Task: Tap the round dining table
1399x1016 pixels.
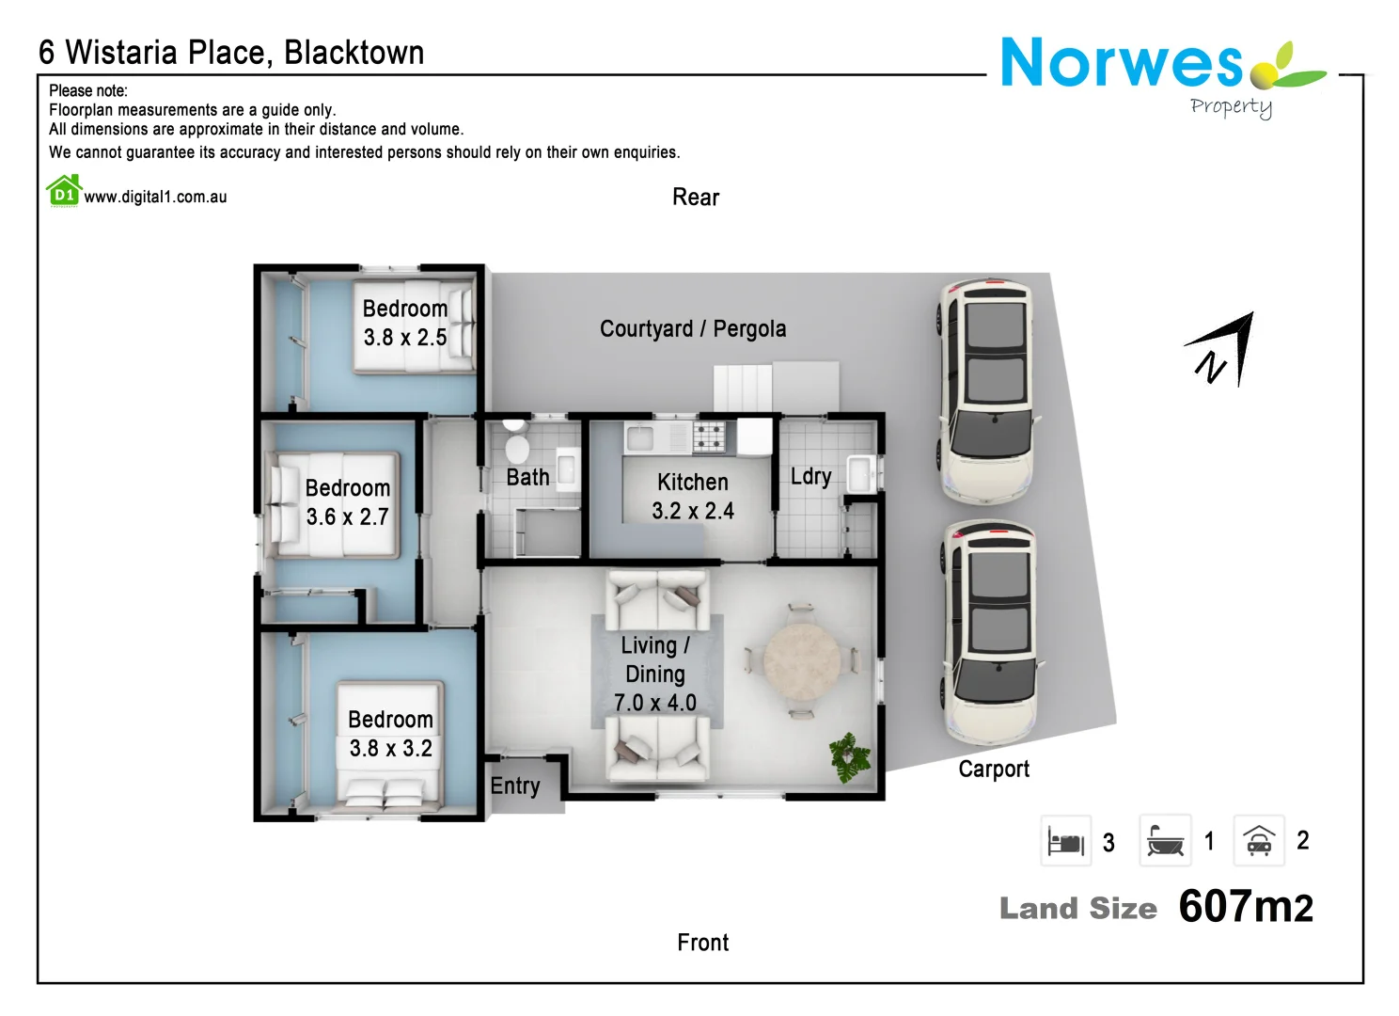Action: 801,661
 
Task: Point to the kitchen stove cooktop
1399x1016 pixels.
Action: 709,437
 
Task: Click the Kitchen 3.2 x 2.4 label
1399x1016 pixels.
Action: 693,497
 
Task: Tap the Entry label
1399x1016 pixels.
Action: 515,786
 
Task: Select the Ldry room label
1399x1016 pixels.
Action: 810,477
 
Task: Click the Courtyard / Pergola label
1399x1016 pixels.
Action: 693,329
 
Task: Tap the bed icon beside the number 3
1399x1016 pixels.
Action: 1066,841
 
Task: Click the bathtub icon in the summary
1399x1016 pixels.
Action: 1165,841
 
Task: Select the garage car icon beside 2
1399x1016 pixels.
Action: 1258,841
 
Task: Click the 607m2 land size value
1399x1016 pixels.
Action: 1246,907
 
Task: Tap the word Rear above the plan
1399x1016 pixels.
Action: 696,198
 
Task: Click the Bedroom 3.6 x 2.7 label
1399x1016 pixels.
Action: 347,502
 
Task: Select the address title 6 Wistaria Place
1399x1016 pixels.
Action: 231,53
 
